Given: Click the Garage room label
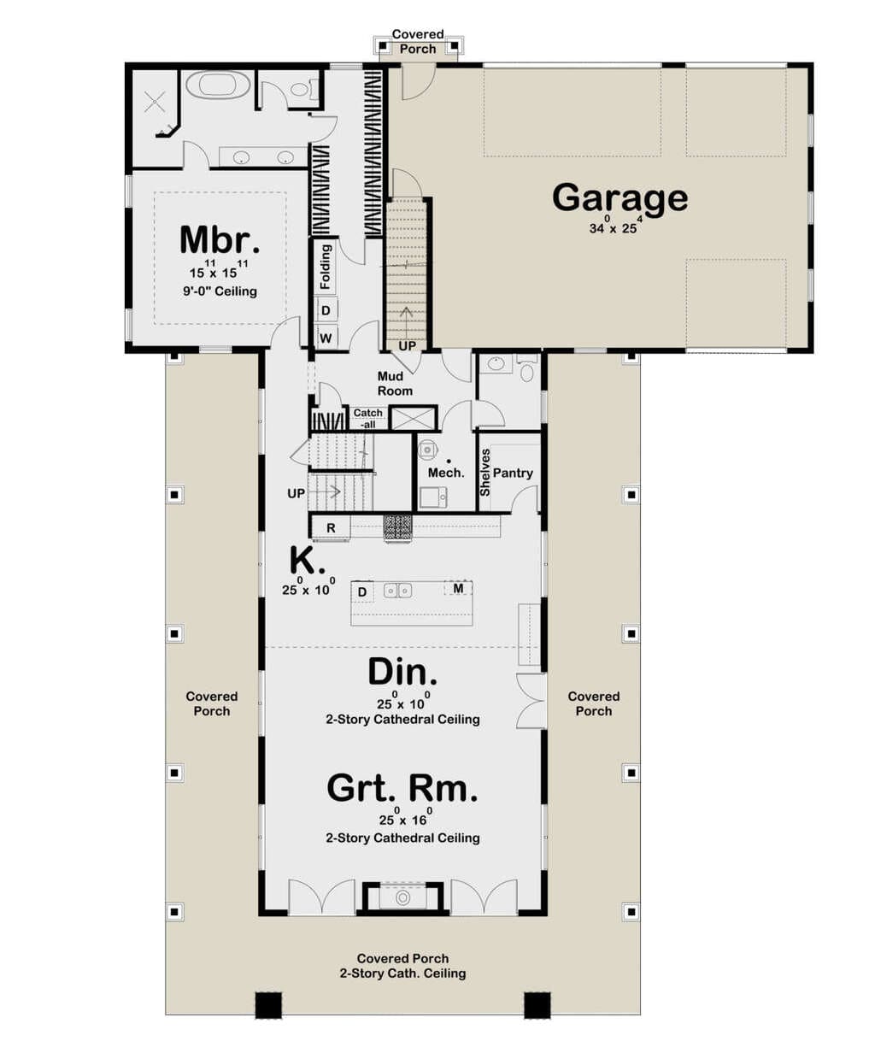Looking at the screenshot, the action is point(620,199).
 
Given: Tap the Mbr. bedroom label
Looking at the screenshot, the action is point(220,240).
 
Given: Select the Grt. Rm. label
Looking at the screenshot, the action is point(402,789).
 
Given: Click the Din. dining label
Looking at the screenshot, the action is point(402,672).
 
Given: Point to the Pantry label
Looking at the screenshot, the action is point(513,473).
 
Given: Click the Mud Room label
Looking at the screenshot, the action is point(395,384).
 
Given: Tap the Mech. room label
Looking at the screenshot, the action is point(446,473).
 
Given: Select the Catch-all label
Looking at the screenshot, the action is point(368,419).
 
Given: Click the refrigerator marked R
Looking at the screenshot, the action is point(331,528).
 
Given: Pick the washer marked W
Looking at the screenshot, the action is point(326,338).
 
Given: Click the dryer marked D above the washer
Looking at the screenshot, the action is point(326,310).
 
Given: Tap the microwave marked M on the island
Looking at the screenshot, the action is point(458,589).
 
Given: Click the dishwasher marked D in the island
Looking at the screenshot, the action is point(362,592).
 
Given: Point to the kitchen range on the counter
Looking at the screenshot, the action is point(397,527).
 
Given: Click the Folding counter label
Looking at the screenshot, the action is point(325,267).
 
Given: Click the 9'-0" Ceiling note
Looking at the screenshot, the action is point(220,291).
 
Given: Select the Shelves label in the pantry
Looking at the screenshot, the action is point(484,473).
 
